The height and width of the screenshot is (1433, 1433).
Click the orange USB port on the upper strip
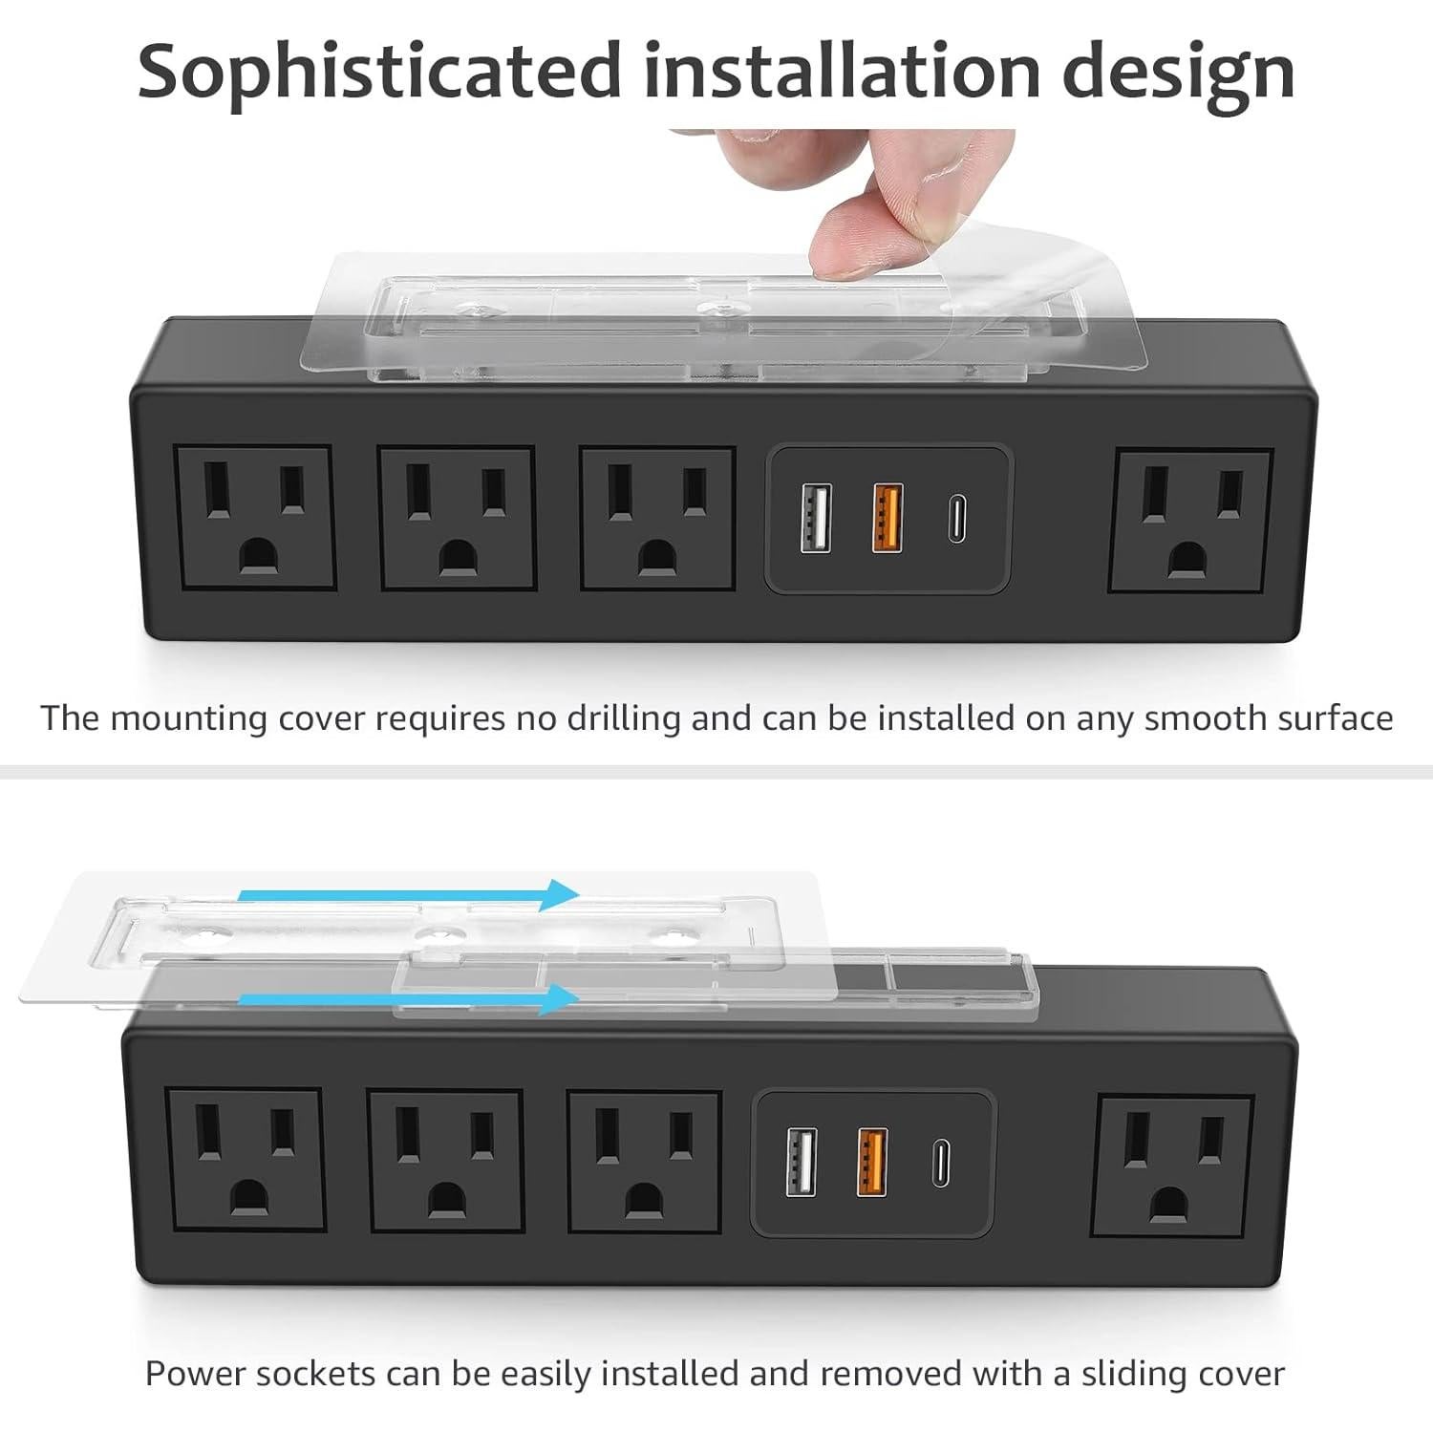click(x=888, y=519)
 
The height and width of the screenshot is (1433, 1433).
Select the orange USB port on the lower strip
click(x=872, y=1162)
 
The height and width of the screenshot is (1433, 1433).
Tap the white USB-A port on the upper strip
click(x=816, y=519)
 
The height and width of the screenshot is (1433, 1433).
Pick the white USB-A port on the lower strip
click(x=802, y=1162)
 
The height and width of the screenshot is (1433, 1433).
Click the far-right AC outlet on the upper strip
click(x=1190, y=521)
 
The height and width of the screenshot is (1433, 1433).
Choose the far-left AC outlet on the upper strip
click(x=255, y=518)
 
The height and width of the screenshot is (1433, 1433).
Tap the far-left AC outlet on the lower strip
click(x=246, y=1161)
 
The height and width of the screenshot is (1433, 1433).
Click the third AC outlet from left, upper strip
click(x=657, y=519)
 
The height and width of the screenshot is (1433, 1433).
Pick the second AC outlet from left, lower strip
click(x=446, y=1162)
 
